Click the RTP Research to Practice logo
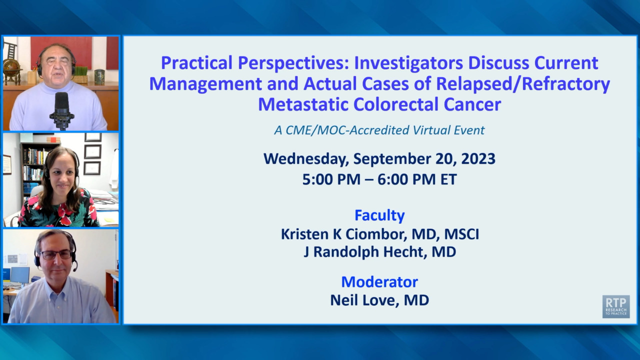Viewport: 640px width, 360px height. coord(616,306)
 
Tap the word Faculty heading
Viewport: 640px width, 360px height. coord(379,215)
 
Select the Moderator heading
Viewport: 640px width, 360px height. coord(379,282)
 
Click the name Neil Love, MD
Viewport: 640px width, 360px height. coord(379,300)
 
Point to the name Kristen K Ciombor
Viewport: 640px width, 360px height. coord(342,234)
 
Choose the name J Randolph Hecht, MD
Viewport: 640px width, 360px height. coord(379,252)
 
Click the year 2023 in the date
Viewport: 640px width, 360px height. coord(478,159)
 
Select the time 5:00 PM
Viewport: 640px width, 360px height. coord(331,179)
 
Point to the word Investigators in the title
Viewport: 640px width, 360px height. coord(408,63)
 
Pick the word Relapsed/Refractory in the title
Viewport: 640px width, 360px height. coord(523,84)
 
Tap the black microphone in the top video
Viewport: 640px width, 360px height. coord(61,110)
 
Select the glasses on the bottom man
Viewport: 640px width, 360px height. coord(56,254)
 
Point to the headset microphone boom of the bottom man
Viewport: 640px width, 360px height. coord(74,263)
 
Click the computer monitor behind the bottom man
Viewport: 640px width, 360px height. coord(20,275)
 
